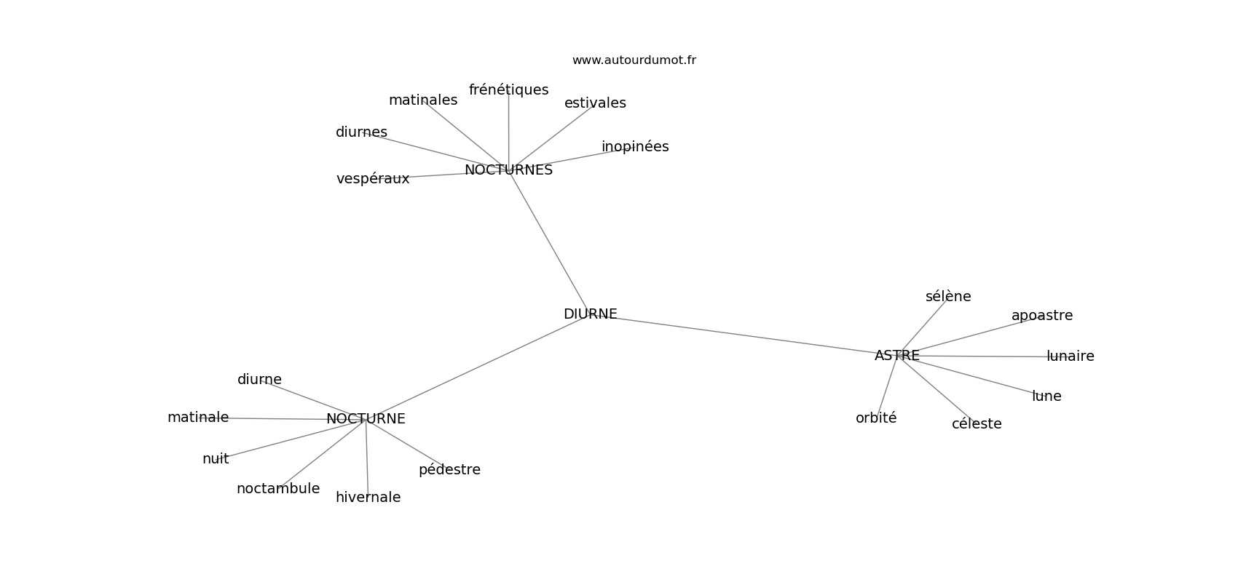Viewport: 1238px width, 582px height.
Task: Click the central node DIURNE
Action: click(x=590, y=314)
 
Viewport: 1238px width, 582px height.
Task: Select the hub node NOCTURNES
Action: click(x=508, y=170)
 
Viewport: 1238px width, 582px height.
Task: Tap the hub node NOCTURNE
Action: click(x=366, y=419)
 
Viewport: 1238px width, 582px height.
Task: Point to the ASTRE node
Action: click(x=896, y=356)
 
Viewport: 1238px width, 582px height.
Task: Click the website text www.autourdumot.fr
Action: click(x=634, y=60)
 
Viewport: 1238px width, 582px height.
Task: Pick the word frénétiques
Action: click(x=508, y=90)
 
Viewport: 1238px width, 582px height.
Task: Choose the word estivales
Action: click(x=595, y=103)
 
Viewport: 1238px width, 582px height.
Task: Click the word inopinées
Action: click(x=635, y=147)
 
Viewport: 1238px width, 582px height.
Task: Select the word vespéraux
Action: click(x=373, y=179)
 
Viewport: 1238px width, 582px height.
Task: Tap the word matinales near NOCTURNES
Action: click(x=423, y=100)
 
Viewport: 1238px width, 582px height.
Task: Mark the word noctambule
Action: click(x=278, y=489)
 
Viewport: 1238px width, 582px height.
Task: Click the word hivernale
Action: click(x=368, y=498)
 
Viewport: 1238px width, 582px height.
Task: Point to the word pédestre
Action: click(x=449, y=470)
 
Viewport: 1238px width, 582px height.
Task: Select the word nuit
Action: click(x=216, y=459)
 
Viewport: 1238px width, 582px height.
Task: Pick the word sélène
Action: click(x=948, y=297)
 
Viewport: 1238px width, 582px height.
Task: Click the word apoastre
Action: click(x=1041, y=316)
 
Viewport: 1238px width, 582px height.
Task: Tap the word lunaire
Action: click(x=1070, y=356)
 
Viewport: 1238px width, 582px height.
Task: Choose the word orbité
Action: click(x=876, y=418)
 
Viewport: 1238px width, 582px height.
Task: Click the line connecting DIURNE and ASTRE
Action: click(x=743, y=335)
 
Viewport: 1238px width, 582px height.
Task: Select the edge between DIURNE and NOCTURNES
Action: click(x=548, y=240)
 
